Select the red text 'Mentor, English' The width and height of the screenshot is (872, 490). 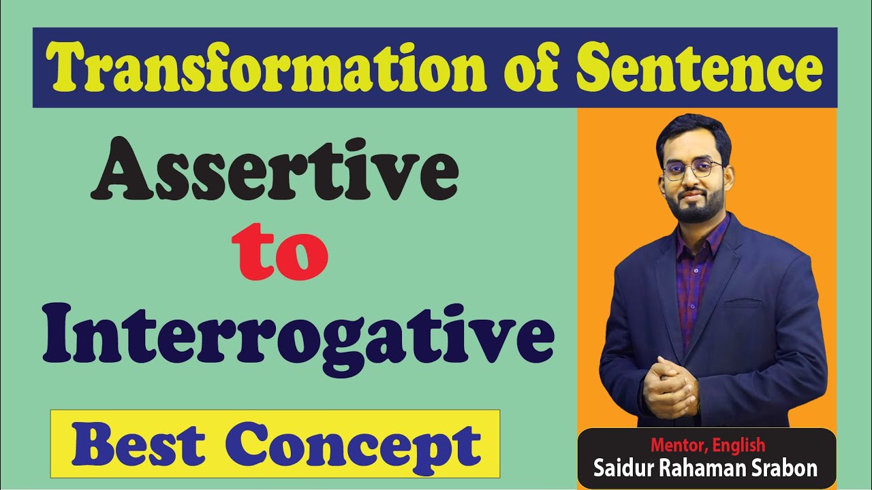click(x=708, y=446)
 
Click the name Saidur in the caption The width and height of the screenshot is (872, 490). click(x=622, y=468)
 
